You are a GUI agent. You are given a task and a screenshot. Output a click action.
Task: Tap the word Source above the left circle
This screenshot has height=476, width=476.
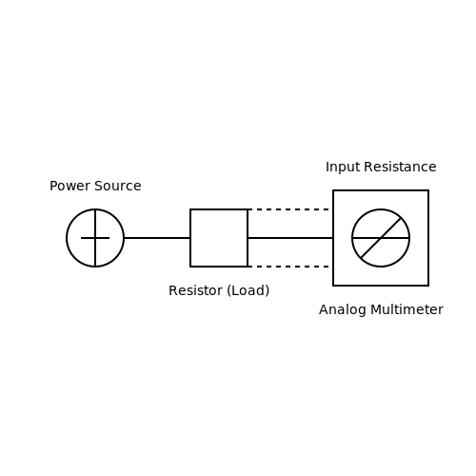tap(118, 186)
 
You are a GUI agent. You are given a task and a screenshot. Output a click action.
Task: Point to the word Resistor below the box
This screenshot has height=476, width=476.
tap(196, 290)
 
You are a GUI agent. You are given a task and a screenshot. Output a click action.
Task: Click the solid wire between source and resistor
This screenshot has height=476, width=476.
tap(157, 238)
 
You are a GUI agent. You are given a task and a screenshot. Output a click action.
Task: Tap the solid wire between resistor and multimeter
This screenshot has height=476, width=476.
tap(290, 238)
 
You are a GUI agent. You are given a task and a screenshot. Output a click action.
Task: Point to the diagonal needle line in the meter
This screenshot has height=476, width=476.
tap(381, 238)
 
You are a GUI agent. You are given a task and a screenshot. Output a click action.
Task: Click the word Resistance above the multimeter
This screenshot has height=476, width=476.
tap(400, 167)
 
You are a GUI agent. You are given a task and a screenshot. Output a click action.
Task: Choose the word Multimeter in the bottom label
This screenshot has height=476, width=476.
tap(407, 309)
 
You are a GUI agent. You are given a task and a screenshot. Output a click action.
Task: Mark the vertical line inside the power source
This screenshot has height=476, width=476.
tap(95, 238)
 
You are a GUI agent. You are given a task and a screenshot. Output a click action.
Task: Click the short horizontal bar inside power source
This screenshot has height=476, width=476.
tap(95, 238)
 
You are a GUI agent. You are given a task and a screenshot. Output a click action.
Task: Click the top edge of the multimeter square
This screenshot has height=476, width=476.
tap(381, 190)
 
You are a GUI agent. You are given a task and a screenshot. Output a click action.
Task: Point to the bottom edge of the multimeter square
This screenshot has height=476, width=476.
tap(381, 286)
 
